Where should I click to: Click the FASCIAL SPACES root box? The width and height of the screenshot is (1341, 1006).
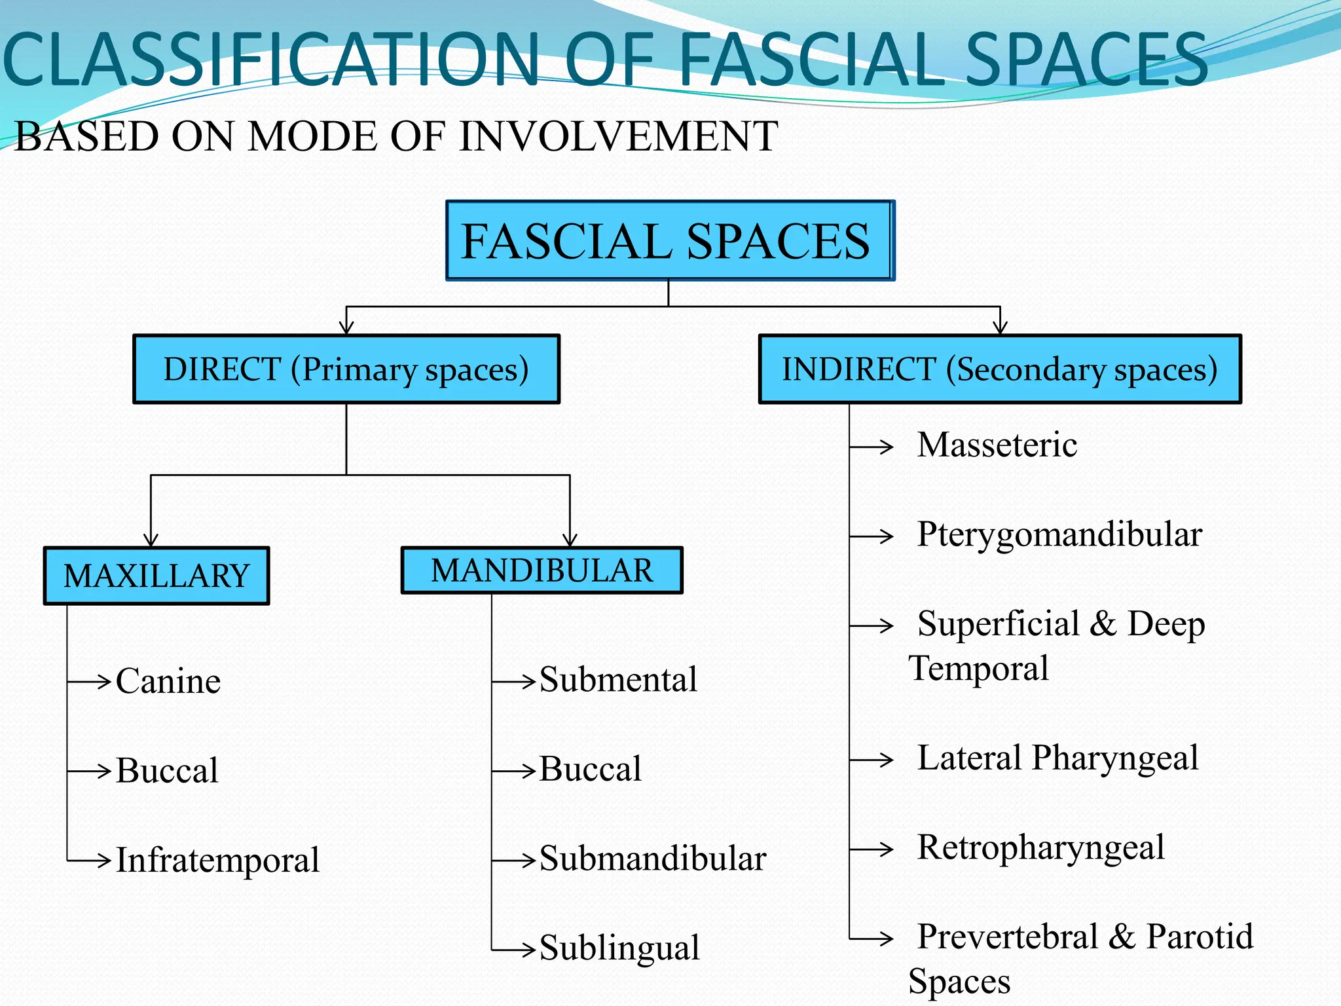[669, 241]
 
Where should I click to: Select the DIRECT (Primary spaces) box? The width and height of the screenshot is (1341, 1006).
[346, 369]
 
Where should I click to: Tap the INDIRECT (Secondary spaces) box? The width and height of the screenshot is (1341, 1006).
[999, 369]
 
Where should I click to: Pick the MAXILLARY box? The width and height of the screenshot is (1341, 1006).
[156, 576]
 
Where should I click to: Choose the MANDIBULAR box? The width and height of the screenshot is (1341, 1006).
[542, 570]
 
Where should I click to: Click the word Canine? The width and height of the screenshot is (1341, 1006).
[168, 681]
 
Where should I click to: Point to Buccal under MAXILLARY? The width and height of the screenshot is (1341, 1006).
[167, 770]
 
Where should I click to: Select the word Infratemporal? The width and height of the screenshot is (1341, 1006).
[217, 860]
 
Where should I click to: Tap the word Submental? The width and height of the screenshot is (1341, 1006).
[618, 680]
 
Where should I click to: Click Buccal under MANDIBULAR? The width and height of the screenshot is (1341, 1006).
[590, 769]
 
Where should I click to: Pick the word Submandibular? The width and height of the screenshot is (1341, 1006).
[653, 859]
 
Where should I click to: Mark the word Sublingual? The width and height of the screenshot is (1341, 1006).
[619, 948]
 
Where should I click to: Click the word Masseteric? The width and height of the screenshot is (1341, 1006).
[997, 445]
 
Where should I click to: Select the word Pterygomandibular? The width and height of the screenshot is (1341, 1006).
[1059, 535]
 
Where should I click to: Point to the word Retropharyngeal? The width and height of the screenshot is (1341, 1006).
[1041, 848]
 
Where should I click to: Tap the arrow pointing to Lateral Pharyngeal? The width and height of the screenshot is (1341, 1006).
[872, 760]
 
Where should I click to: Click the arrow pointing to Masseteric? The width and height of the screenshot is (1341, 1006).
[872, 447]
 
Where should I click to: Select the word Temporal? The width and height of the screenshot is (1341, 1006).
[978, 669]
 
